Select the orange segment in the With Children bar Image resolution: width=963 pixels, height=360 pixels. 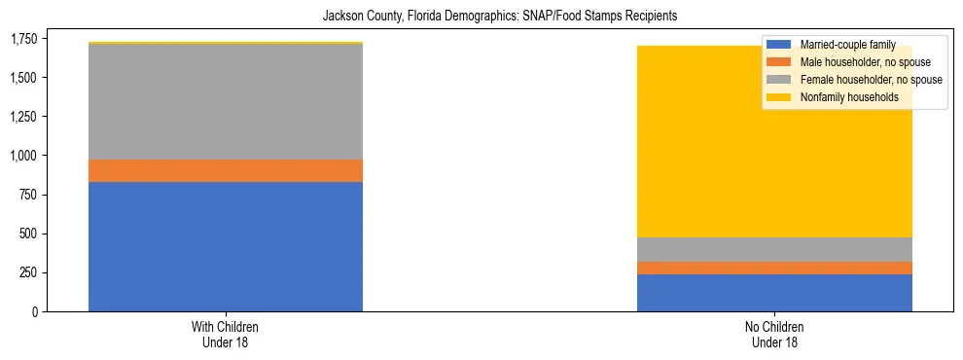pos(226,171)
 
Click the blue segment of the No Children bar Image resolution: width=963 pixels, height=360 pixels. pos(774,293)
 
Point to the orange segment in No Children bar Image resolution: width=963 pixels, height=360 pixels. pos(774,268)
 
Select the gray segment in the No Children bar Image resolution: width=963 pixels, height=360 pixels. pos(774,249)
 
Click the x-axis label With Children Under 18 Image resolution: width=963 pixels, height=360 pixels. pos(226,334)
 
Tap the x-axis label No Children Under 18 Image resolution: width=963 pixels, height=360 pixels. pos(774,334)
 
